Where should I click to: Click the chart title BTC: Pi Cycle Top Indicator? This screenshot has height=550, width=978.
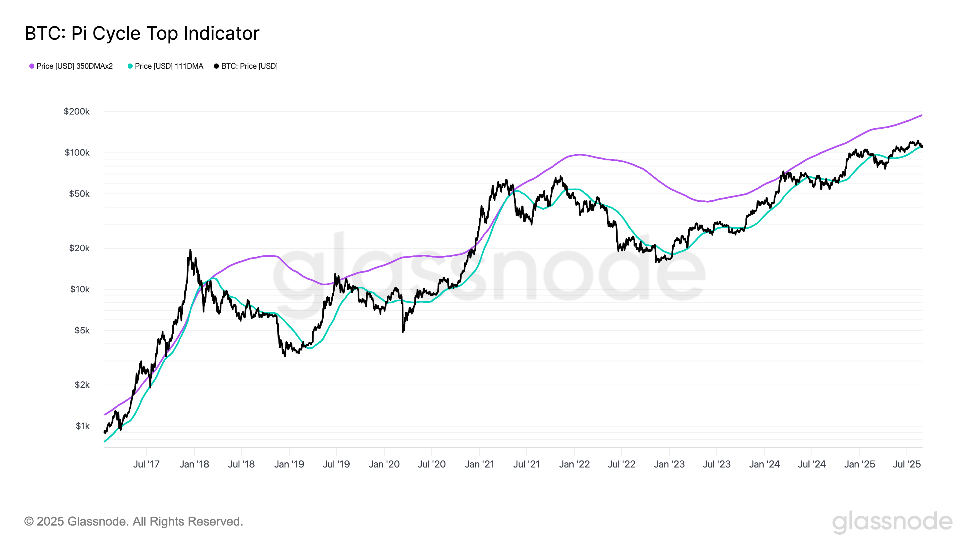[142, 33]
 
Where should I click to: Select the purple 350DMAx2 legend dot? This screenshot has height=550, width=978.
[32, 66]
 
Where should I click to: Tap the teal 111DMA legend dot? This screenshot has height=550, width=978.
[130, 66]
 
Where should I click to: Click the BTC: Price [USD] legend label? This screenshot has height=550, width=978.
[249, 66]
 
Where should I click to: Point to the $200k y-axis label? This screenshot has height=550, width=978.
[77, 112]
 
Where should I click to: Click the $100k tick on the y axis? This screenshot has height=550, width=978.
[77, 152]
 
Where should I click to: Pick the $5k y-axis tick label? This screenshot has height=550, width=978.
[82, 331]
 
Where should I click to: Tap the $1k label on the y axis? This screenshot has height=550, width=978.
[83, 426]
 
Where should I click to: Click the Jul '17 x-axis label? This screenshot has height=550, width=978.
[146, 464]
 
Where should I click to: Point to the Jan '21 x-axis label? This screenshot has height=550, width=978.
[479, 464]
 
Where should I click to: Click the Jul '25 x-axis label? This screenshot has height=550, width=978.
[906, 464]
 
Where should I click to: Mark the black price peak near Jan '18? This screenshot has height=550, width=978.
[190, 250]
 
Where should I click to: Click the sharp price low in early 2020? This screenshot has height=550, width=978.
[403, 332]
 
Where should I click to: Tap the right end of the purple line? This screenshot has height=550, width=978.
[922, 115]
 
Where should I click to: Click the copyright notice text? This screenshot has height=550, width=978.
[133, 522]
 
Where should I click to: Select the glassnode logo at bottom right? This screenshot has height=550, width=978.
[892, 522]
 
